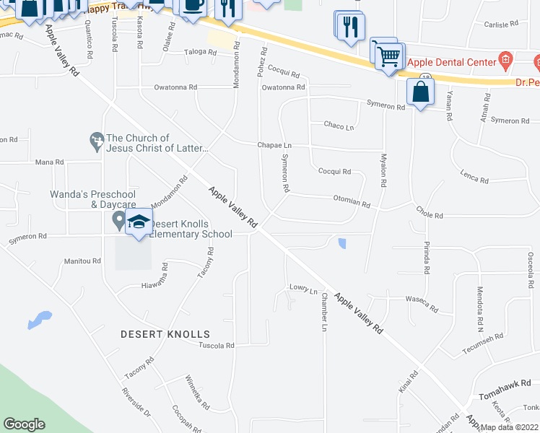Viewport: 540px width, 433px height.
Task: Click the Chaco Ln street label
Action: point(339,126)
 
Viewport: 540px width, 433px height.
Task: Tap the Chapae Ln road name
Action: point(274,145)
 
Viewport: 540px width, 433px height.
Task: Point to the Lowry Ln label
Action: point(304,289)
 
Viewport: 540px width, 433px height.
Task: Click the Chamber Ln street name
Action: point(324,312)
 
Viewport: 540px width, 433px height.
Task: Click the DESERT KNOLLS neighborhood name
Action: point(165,334)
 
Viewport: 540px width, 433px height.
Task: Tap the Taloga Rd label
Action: point(200,53)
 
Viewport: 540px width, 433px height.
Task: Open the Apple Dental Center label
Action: point(452,62)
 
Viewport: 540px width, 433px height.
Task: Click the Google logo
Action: point(24,424)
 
